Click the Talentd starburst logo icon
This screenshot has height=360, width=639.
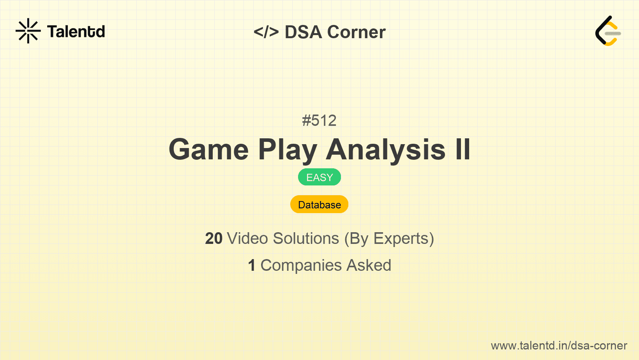[28, 31]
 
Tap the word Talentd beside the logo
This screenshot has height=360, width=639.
[76, 32]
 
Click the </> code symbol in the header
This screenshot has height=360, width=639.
[266, 32]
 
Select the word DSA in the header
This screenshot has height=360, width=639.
[303, 32]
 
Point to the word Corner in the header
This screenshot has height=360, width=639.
[356, 32]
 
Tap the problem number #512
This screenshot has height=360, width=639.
[319, 120]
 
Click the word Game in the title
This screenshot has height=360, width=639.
[208, 149]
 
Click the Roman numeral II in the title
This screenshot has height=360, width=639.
[463, 149]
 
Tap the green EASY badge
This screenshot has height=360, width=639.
[319, 177]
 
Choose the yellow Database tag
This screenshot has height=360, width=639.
[319, 205]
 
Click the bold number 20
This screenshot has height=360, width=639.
[214, 238]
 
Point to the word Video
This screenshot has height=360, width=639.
[247, 238]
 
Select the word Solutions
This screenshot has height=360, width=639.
[306, 238]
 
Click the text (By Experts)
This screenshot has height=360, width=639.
[389, 239]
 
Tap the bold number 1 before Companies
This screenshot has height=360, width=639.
[252, 265]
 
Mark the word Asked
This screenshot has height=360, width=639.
[369, 265]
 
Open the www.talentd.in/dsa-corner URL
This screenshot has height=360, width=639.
[559, 346]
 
